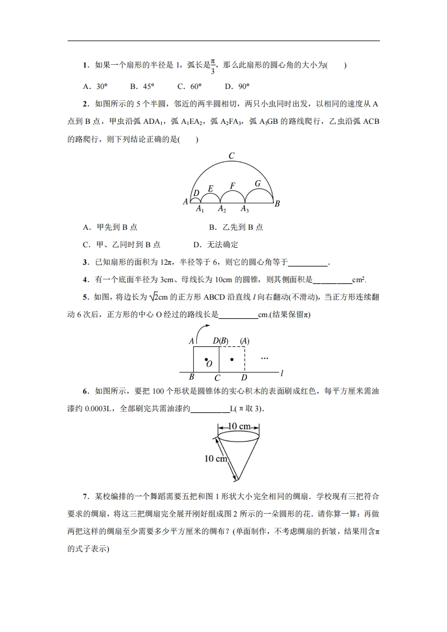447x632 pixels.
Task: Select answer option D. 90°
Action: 237,86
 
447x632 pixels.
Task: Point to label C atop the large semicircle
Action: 231,156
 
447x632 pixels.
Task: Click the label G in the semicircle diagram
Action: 258,183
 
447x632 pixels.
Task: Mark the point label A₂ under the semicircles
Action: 222,210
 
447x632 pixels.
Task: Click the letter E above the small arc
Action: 211,188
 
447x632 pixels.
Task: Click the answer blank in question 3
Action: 308,262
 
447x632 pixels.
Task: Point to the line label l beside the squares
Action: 281,373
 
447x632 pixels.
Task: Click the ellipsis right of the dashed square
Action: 264,358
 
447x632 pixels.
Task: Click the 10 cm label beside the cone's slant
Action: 215,459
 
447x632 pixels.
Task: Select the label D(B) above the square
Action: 220,341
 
